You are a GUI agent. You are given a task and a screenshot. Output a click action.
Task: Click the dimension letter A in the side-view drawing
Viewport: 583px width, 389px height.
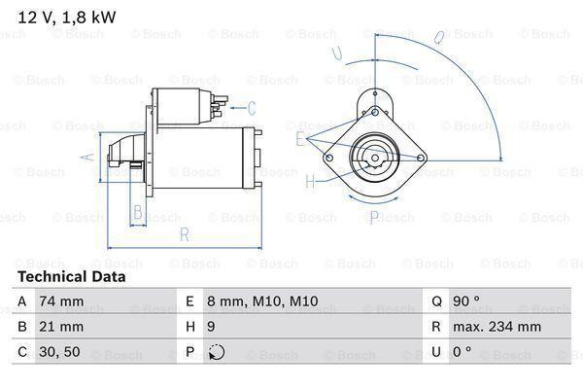tap(85, 157)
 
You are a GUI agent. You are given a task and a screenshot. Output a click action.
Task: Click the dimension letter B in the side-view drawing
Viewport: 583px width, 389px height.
tap(138, 211)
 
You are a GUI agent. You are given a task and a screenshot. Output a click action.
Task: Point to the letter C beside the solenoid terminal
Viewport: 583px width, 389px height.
tap(251, 107)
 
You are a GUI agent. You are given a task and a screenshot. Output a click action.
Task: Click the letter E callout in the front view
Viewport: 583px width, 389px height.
tap(300, 139)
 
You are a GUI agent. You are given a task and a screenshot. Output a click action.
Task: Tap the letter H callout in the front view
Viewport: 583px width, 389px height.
tap(310, 181)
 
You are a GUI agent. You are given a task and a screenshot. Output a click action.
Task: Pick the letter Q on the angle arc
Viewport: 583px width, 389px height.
tap(439, 39)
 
